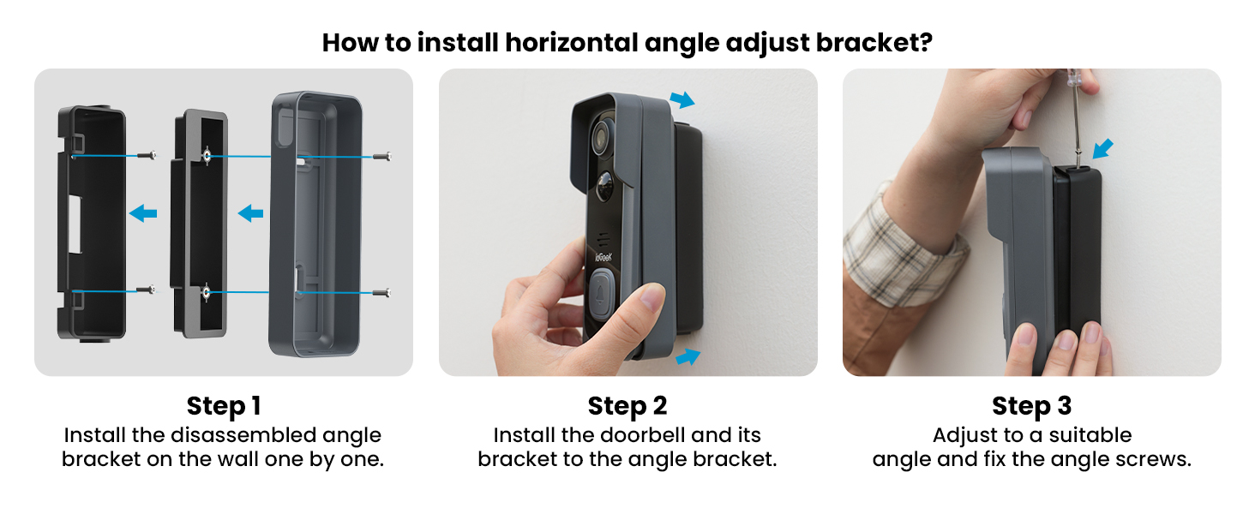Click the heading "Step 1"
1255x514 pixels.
(223, 405)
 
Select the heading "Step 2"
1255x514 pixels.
(627, 405)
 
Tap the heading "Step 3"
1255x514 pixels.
(1031, 405)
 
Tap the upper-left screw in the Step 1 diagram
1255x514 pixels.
(150, 156)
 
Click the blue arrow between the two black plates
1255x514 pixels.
(143, 214)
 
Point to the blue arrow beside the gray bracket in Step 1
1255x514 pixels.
(250, 213)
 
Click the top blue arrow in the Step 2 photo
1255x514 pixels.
(682, 101)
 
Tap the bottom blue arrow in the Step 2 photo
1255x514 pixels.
(688, 356)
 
